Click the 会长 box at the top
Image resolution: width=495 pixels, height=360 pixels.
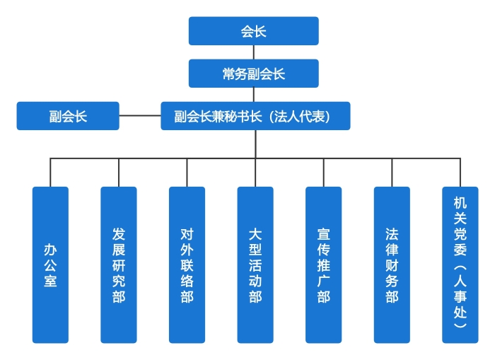(253, 31)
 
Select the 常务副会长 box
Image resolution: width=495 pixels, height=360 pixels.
(253, 74)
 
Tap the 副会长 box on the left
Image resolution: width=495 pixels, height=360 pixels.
(68, 116)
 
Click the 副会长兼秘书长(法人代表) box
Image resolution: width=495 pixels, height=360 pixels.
(253, 116)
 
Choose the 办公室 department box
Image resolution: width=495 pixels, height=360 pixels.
(50, 265)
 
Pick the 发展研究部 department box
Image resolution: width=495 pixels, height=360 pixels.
(118, 265)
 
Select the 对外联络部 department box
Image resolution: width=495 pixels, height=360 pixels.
(187, 265)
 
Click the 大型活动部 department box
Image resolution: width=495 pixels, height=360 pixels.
(255, 265)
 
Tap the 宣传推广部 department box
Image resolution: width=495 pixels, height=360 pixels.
(323, 265)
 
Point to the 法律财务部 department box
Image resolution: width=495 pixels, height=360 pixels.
(392, 265)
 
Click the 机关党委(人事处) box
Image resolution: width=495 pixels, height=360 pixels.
(460, 265)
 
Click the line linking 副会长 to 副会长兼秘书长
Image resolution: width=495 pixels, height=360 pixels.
(140, 116)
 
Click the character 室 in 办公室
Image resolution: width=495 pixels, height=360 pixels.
(50, 281)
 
